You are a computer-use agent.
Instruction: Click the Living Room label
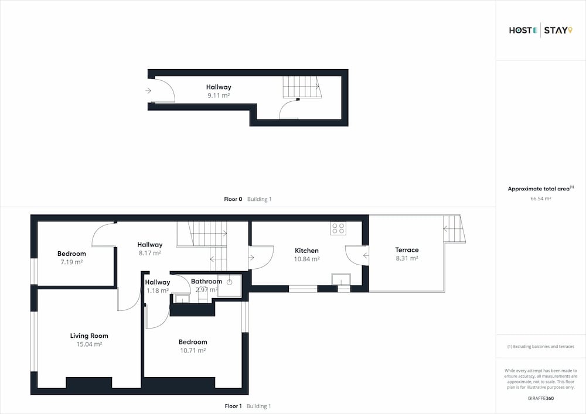(x=89, y=336)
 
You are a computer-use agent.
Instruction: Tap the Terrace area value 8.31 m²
(x=407, y=258)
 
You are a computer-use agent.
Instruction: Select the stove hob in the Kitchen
(x=338, y=228)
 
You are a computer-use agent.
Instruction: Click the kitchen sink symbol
(x=341, y=279)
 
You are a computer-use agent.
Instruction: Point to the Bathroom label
(x=206, y=281)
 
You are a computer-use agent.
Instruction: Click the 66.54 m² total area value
(x=541, y=199)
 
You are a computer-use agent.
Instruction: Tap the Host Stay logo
(x=541, y=30)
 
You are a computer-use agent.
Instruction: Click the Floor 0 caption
(x=248, y=199)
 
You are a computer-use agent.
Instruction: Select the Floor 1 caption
(x=248, y=406)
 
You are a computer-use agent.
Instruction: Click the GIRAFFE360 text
(x=541, y=398)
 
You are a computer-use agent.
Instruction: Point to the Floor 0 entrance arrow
(x=148, y=90)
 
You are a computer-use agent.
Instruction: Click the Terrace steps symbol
(x=454, y=229)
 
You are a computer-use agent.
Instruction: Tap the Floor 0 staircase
(x=302, y=87)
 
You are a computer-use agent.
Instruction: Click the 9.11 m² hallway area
(x=219, y=95)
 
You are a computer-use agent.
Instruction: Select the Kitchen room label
(x=307, y=251)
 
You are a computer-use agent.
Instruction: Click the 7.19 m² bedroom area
(x=71, y=262)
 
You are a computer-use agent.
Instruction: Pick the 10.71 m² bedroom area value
(x=193, y=351)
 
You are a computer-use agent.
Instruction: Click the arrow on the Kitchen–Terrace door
(x=366, y=256)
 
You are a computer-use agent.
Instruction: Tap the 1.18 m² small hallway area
(x=157, y=290)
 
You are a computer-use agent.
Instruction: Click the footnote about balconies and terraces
(x=541, y=347)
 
